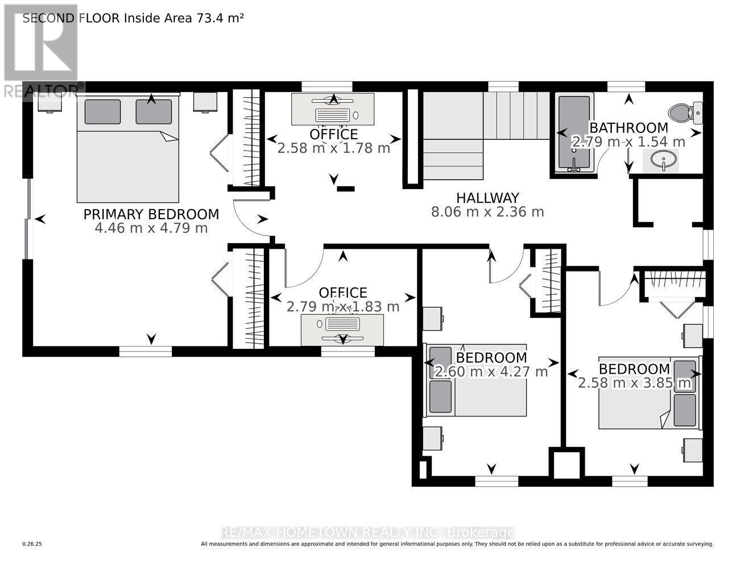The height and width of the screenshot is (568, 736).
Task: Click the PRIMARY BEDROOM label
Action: tap(151, 214)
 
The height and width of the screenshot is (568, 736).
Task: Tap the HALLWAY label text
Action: tap(487, 198)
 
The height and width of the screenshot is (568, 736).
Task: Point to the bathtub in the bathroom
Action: tap(574, 133)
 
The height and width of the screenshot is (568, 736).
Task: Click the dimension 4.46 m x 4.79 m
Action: tap(151, 228)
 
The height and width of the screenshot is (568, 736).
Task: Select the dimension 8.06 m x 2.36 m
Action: tap(487, 212)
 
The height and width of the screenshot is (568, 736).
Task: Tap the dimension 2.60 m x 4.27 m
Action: tap(491, 372)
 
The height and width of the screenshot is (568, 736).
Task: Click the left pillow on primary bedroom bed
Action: tap(102, 112)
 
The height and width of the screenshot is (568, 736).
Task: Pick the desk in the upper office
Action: tap(333, 109)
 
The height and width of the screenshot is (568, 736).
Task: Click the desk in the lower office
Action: tap(342, 329)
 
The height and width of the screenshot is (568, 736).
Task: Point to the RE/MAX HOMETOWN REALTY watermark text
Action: tap(367, 532)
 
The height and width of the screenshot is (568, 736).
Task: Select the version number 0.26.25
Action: tap(32, 544)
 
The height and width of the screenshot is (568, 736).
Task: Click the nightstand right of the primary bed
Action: tap(204, 102)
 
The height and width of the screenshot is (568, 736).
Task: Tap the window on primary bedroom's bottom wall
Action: tap(145, 352)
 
